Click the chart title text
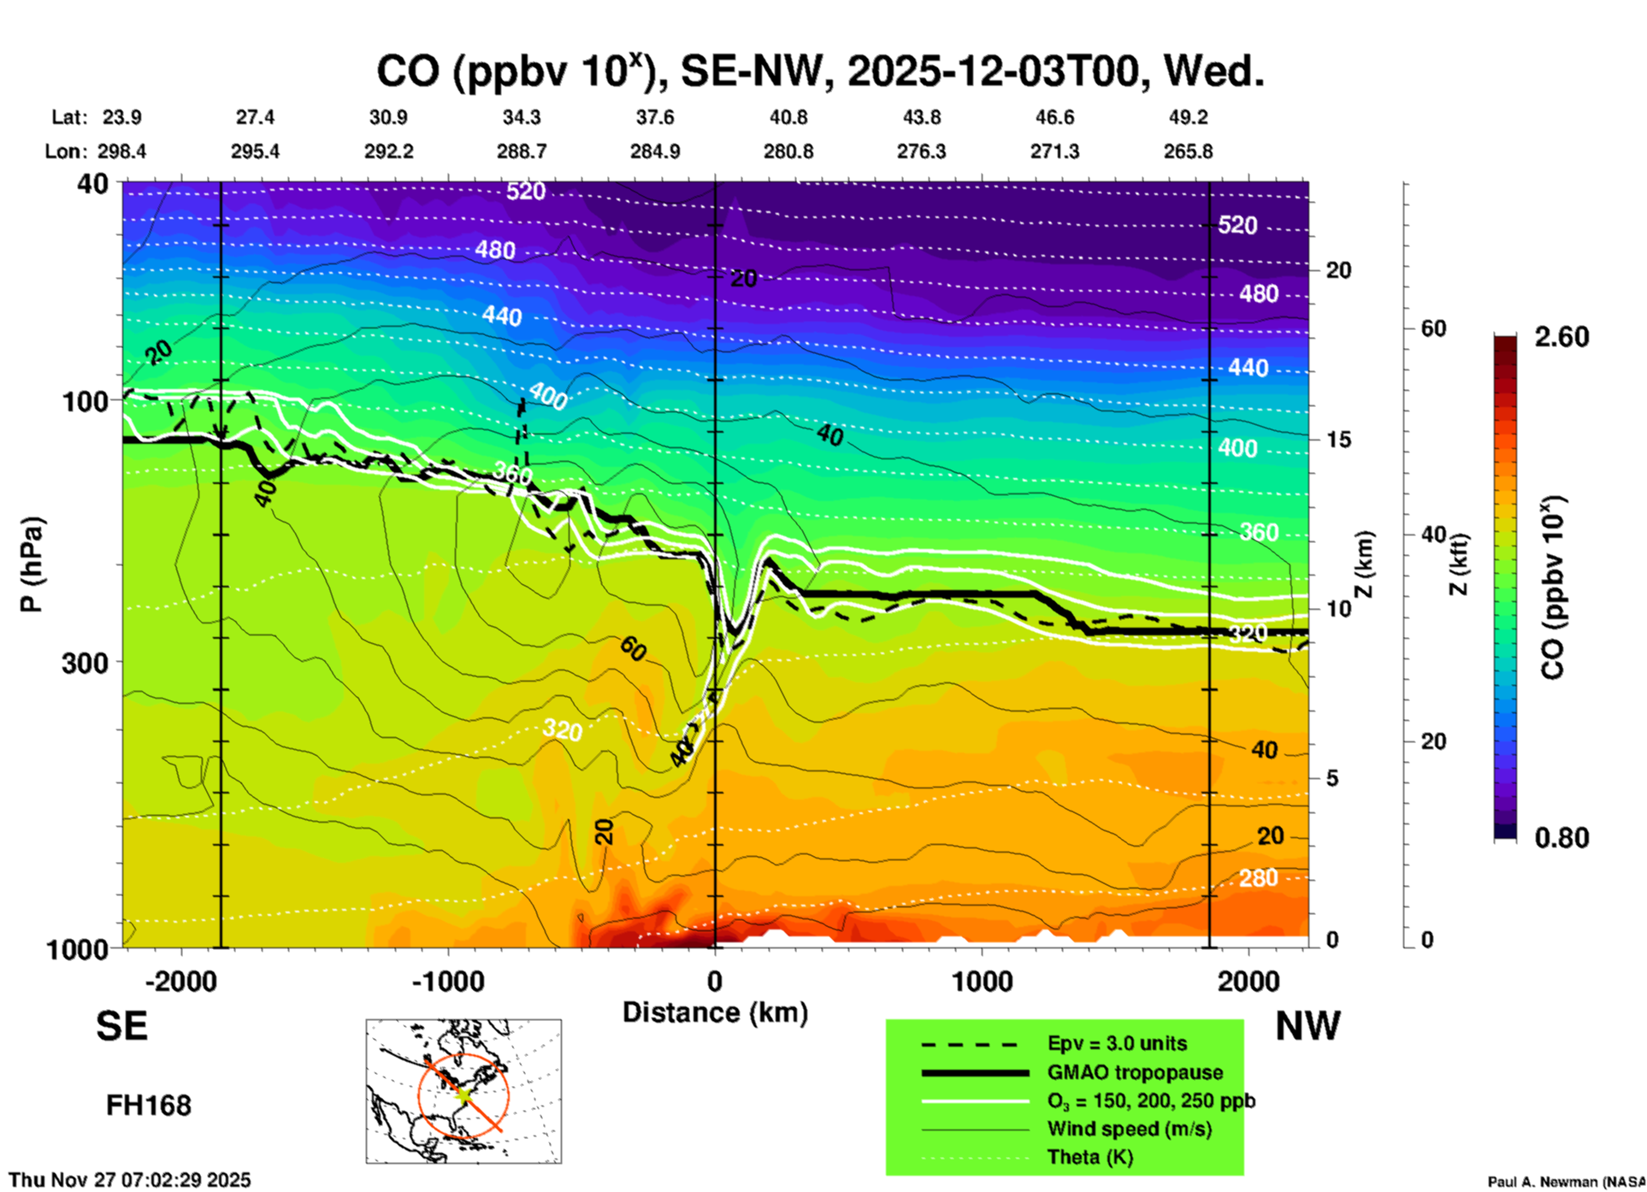click(x=820, y=72)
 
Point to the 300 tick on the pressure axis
click(x=85, y=663)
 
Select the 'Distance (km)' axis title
click(x=715, y=1012)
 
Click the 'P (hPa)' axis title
click(x=32, y=564)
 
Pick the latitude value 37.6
click(x=655, y=117)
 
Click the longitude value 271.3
click(x=1054, y=151)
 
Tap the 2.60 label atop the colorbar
click(x=1561, y=337)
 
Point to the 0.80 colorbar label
click(x=1561, y=837)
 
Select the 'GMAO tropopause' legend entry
click(x=1135, y=1072)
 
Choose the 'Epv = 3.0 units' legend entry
click(x=1117, y=1043)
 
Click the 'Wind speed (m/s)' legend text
click(x=1129, y=1129)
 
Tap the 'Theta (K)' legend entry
click(x=1089, y=1157)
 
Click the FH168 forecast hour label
click(x=149, y=1106)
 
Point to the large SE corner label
click(x=121, y=1026)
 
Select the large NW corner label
click(x=1308, y=1026)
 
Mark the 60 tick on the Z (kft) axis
click(x=1433, y=328)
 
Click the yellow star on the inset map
click(x=463, y=1094)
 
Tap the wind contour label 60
click(x=633, y=649)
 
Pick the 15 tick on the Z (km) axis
click(x=1338, y=440)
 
